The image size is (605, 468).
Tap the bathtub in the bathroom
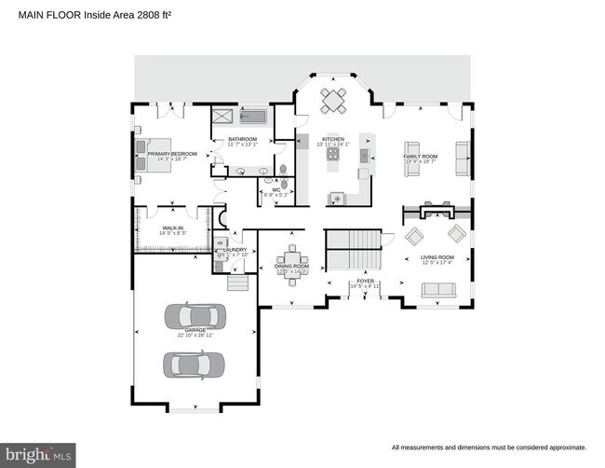tap(253, 117)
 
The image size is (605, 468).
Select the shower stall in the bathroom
tap(223, 117)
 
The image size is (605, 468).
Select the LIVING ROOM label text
tap(437, 257)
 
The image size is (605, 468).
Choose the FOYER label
tap(365, 281)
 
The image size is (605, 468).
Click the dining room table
tap(293, 260)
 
